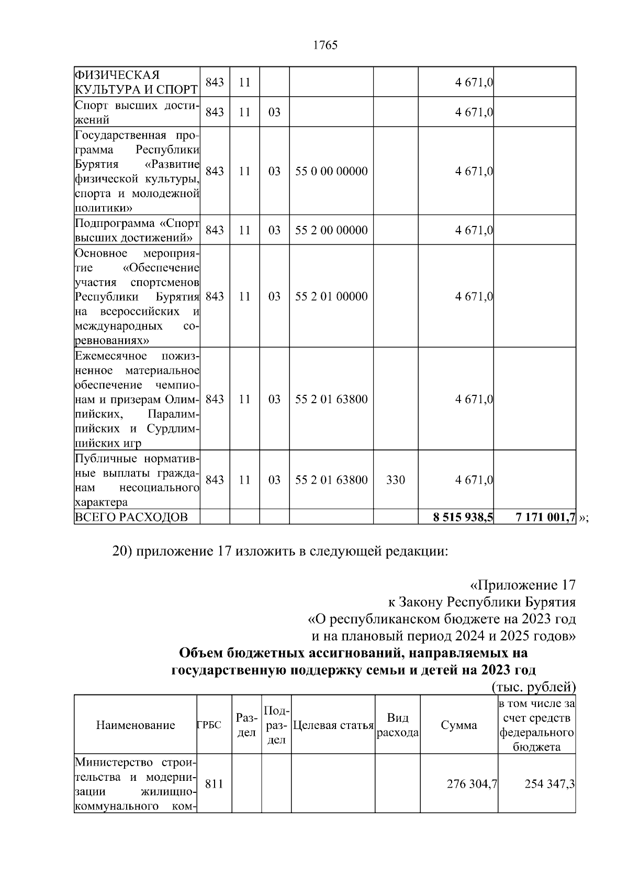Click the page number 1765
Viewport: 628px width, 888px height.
(x=325, y=45)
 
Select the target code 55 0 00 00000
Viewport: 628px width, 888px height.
(x=331, y=172)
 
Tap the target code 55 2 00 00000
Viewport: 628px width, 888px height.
(x=331, y=231)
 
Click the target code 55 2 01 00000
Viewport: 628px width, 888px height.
(x=331, y=297)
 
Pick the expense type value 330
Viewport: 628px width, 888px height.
(x=396, y=480)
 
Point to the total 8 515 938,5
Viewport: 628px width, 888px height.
(x=463, y=518)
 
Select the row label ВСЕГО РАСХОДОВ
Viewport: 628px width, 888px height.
(x=131, y=518)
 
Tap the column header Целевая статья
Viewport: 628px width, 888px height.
(x=333, y=725)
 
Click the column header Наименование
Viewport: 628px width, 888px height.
(x=136, y=725)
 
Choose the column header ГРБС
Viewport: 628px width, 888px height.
(x=209, y=725)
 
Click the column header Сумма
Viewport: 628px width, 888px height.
(x=459, y=725)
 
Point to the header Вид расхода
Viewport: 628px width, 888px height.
(x=398, y=725)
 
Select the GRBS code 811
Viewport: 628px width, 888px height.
(x=215, y=784)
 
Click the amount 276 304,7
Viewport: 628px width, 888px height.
(x=472, y=784)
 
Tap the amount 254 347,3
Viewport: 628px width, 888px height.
(x=549, y=784)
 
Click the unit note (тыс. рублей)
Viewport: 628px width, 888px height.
(x=534, y=687)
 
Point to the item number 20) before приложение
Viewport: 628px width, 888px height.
(x=123, y=552)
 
